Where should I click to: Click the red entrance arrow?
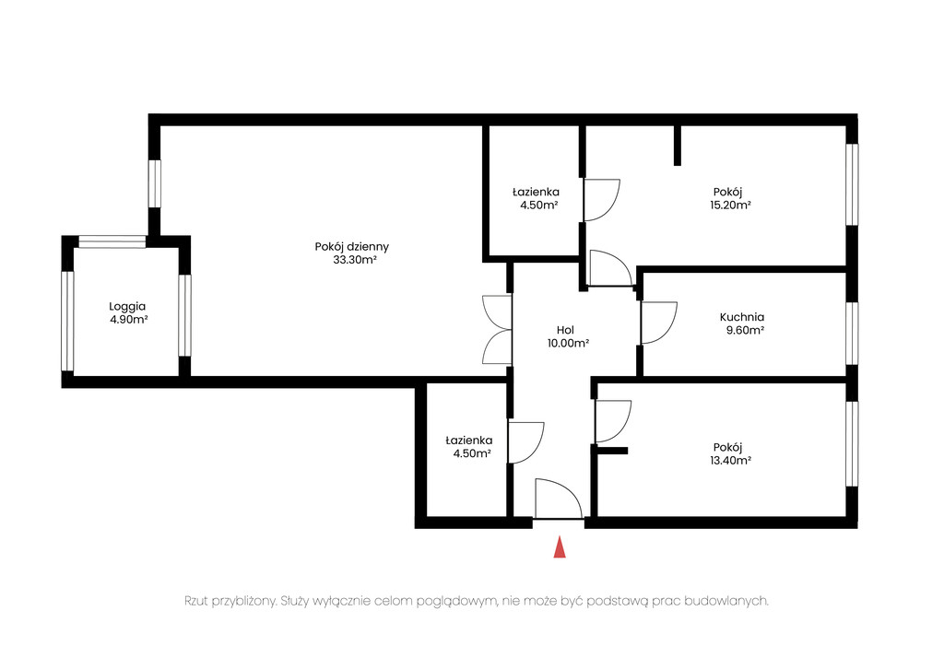(x=560, y=546)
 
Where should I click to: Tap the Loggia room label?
(x=127, y=307)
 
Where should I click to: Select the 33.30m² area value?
(x=355, y=260)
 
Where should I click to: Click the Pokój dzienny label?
(x=351, y=247)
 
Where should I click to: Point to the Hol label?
(x=565, y=330)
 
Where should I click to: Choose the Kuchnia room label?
(x=742, y=317)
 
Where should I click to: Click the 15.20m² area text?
(x=730, y=206)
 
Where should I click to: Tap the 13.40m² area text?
(x=730, y=461)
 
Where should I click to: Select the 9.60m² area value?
(x=745, y=331)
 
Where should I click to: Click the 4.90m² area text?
(x=129, y=321)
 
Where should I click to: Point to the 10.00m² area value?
(x=568, y=344)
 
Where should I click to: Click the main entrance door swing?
(x=558, y=499)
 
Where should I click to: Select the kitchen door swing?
(x=659, y=323)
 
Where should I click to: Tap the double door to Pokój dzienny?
(x=497, y=329)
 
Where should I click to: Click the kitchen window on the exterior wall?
(x=852, y=333)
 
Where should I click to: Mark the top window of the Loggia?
(x=112, y=242)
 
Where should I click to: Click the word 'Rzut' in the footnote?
(x=196, y=601)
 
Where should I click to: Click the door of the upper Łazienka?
(x=601, y=200)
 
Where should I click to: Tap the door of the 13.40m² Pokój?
(x=613, y=421)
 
